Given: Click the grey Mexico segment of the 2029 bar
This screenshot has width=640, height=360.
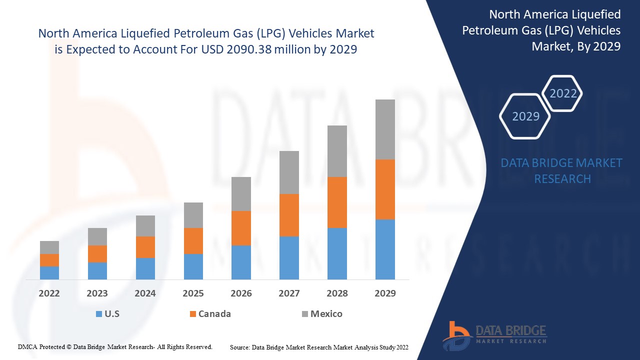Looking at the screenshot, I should [x=385, y=129].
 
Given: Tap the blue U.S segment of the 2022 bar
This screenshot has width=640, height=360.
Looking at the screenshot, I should [x=49, y=272].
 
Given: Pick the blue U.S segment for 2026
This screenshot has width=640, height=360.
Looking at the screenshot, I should [x=241, y=262].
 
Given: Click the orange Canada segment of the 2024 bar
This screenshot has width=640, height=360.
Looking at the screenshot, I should [x=145, y=247].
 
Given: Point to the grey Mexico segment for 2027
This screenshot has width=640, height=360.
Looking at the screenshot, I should [x=289, y=172].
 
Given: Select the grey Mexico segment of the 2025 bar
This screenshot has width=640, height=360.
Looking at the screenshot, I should [x=193, y=215].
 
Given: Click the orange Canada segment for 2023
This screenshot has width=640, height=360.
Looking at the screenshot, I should [x=97, y=254].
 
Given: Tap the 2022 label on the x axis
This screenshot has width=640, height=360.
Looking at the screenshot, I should [x=49, y=293].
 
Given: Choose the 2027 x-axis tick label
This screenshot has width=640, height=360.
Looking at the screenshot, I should [x=289, y=293].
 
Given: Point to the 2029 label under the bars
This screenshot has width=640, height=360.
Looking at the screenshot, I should [x=385, y=293].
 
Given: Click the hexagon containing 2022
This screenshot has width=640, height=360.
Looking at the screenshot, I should [x=563, y=93].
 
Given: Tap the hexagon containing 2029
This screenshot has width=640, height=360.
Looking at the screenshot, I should [x=525, y=116].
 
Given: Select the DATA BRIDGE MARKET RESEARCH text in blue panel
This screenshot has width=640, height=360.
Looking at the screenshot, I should [x=562, y=171].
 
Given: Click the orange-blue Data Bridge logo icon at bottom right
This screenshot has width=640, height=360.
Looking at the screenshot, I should [x=456, y=335].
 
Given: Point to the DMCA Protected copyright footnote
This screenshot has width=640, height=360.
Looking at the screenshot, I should [x=115, y=346].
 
